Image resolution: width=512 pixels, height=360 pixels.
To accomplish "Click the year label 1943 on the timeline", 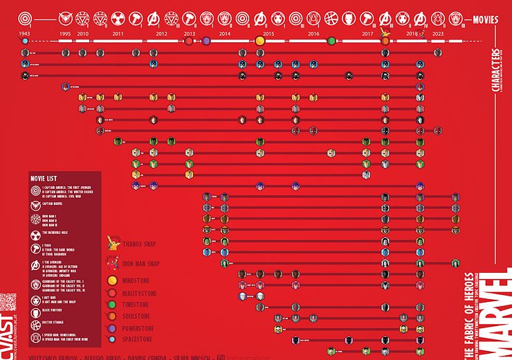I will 25,33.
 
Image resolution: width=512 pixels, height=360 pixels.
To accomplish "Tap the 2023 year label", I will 438,33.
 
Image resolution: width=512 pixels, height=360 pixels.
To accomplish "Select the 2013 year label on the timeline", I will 189,33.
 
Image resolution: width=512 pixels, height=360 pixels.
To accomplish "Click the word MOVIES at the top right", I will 485,19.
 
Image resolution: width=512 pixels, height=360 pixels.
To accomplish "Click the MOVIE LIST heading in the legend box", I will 46,178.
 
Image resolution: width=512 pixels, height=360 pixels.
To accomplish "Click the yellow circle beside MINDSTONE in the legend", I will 112,281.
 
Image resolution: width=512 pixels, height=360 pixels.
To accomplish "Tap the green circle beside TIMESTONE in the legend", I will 112,305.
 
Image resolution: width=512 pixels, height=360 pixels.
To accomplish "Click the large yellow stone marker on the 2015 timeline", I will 260,41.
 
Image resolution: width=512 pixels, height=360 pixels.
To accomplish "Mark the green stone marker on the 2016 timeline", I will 331,41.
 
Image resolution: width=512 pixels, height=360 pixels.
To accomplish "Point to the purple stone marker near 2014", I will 206,41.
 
